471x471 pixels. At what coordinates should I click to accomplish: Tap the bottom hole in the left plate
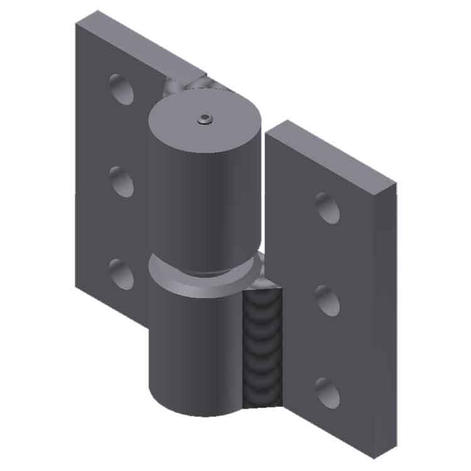pos(121,274)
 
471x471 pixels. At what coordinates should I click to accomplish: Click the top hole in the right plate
pos(327,208)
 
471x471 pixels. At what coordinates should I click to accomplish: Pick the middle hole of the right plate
pos(327,300)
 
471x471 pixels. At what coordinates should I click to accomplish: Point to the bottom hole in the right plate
pos(327,392)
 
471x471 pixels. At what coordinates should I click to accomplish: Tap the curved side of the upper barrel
pos(201,207)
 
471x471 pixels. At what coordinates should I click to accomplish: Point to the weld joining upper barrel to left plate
pos(182,84)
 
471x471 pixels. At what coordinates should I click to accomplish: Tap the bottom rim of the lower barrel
pos(195,411)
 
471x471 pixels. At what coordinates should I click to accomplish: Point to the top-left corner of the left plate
pos(76,24)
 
